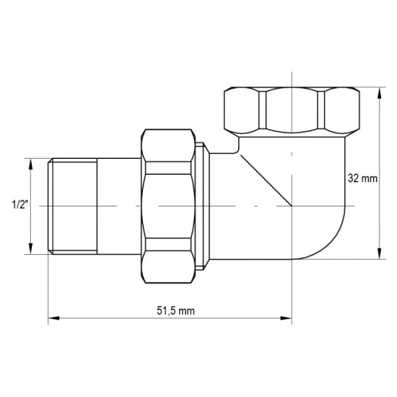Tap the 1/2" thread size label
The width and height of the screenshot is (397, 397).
pyautogui.click(x=19, y=204)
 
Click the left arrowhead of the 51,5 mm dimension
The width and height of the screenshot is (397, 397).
pyautogui.click(x=53, y=317)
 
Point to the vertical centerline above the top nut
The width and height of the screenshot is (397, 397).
pyautogui.click(x=292, y=78)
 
